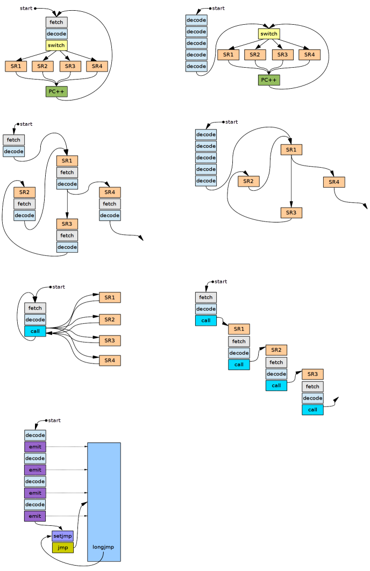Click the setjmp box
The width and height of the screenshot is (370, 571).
[x=62, y=536]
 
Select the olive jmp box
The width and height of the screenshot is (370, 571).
[x=62, y=547]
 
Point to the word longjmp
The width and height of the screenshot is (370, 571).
[x=103, y=547]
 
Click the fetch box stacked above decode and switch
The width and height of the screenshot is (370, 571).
[x=56, y=22]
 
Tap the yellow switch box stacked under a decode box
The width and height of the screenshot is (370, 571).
[x=56, y=45]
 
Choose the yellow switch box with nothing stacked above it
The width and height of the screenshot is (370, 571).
[x=269, y=34]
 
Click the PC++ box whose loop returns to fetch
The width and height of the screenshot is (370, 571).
[x=56, y=91]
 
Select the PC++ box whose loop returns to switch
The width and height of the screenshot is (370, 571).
[x=269, y=80]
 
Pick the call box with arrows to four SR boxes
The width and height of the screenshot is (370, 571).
[x=35, y=331]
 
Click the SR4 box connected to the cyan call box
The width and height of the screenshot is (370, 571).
[x=110, y=361]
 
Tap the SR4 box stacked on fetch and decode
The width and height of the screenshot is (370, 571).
[x=110, y=192]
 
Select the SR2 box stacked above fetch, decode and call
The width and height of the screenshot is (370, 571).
[x=276, y=350]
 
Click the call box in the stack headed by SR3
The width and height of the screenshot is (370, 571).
[x=312, y=410]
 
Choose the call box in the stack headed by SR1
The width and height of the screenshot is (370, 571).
[x=239, y=365]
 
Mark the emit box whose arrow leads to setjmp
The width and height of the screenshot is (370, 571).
[x=35, y=516]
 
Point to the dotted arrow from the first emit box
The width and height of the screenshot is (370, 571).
[x=67, y=446]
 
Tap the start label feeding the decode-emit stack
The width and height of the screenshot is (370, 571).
[x=54, y=420]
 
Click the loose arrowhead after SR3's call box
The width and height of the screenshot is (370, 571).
[x=337, y=399]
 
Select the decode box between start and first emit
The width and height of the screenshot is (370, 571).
[x=35, y=435]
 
